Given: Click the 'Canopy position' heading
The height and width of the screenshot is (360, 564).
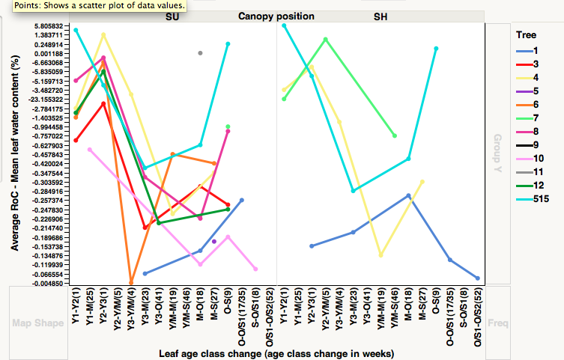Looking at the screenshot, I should (x=276, y=16).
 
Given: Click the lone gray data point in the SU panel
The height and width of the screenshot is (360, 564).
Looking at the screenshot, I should (x=200, y=52).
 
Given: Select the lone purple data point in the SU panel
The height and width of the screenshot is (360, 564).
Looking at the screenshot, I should (x=214, y=242).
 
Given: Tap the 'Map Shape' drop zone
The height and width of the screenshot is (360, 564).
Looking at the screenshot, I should (x=38, y=323).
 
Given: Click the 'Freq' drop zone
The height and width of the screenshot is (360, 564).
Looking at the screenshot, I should (x=497, y=323).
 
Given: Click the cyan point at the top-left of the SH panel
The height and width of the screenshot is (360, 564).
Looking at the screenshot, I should (x=284, y=25).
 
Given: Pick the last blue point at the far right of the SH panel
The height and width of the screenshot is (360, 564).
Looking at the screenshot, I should (x=477, y=278).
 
